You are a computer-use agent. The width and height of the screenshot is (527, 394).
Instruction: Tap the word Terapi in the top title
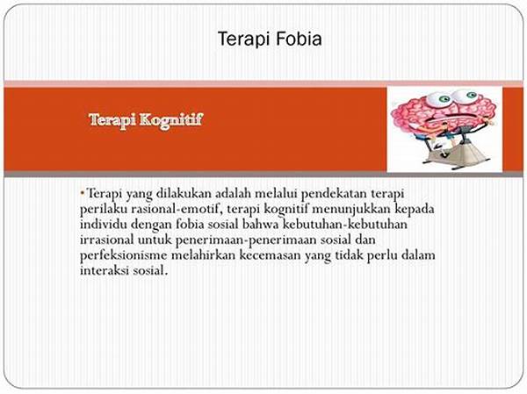tap(240, 39)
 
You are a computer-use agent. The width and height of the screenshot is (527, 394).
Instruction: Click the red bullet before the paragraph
tap(82, 192)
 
